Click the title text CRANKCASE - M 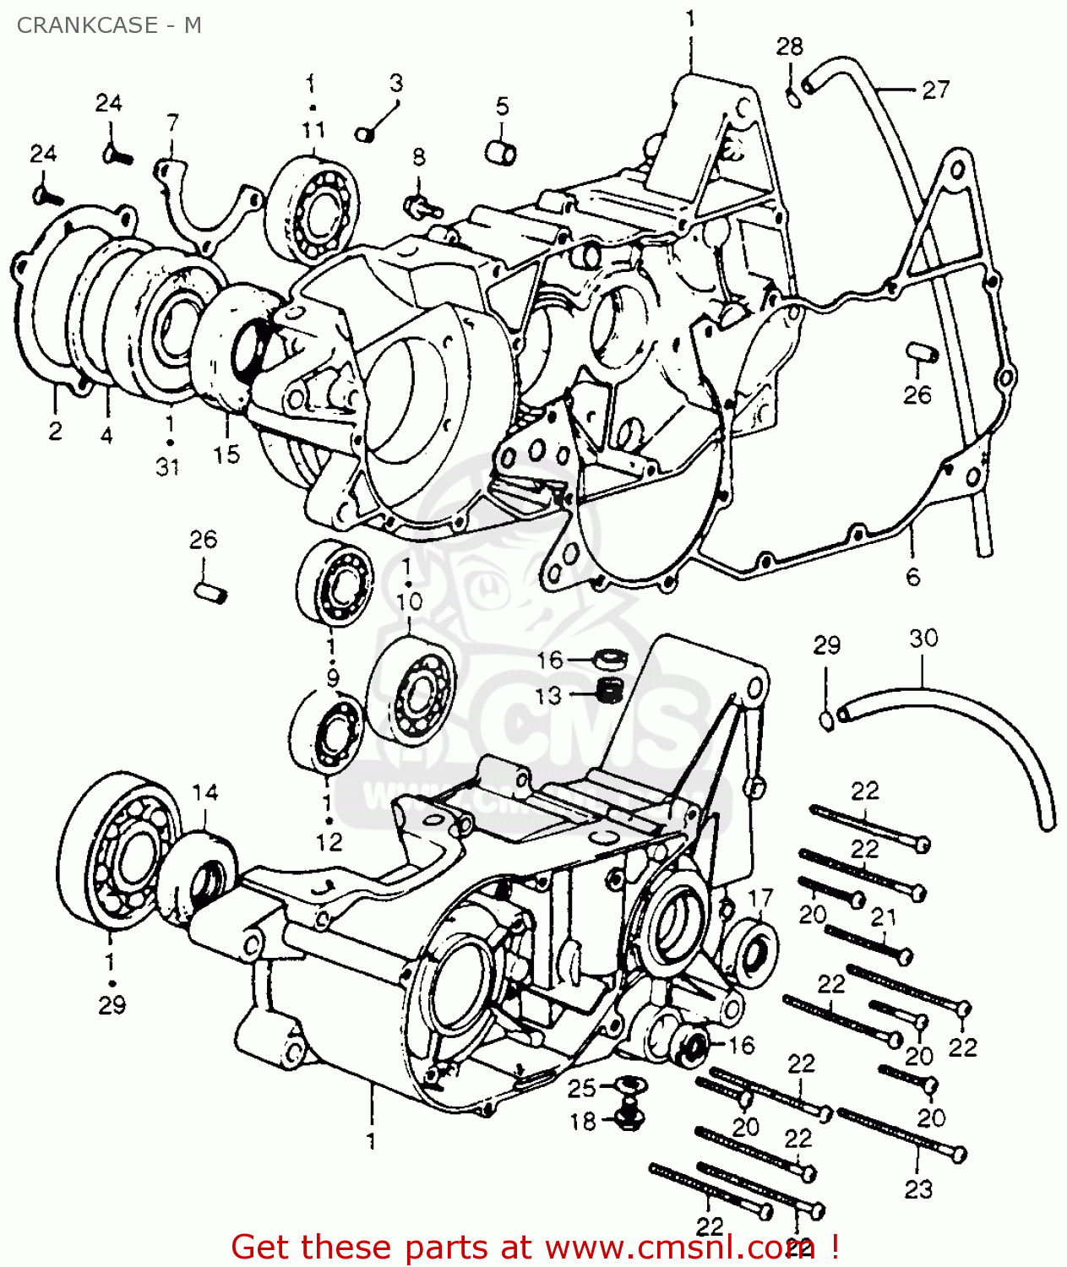[109, 25]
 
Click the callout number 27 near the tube [935, 90]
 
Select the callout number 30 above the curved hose [923, 639]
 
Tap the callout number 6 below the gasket [912, 577]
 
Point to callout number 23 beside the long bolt [918, 1189]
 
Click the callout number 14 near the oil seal [204, 792]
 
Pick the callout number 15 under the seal [226, 454]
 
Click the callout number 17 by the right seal [760, 898]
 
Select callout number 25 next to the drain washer [581, 1088]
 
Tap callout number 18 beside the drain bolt [582, 1122]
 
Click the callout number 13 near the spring [547, 695]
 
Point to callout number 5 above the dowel [503, 106]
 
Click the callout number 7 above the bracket [172, 123]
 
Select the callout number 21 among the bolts [883, 916]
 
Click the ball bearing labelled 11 [312, 208]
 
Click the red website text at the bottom [535, 1247]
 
